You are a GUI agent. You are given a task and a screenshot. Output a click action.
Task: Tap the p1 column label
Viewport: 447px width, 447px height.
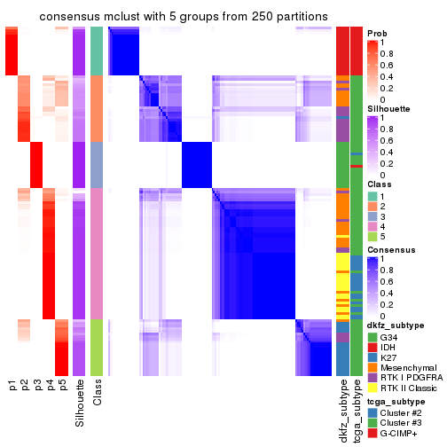(x=12, y=386)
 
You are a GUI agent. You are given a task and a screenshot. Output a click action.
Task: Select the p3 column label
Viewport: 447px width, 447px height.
(x=37, y=386)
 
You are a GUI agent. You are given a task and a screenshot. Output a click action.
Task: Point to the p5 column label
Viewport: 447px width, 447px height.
(x=62, y=386)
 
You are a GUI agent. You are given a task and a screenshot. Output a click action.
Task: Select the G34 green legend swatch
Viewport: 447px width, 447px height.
(x=372, y=337)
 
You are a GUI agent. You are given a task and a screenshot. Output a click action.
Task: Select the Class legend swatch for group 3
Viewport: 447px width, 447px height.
(x=372, y=216)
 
